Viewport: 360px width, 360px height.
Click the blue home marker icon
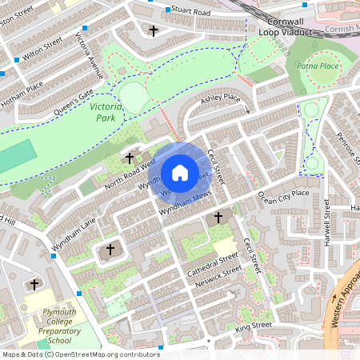click(180, 172)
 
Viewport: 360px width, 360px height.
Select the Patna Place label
click(322, 66)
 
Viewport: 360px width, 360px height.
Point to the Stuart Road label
click(192, 13)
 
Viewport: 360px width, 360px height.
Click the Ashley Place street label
click(221, 98)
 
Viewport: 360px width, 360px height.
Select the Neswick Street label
click(218, 274)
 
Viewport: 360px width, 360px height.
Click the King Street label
click(254, 326)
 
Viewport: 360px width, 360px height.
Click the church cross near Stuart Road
click(154, 30)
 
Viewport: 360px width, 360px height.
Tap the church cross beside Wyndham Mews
click(218, 217)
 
